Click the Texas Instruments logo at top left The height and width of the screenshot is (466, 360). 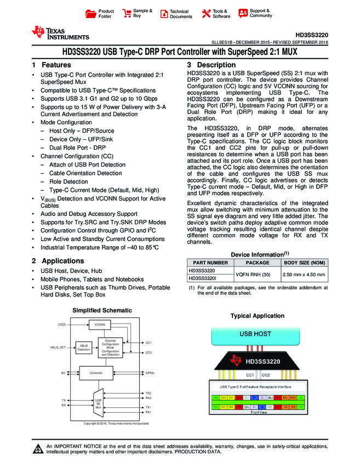pyautogui.click(x=60, y=33)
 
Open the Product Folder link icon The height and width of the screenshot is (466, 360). pyautogui.click(x=92, y=14)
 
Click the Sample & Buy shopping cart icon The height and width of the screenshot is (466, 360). pyautogui.click(x=127, y=14)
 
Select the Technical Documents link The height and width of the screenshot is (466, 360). pyautogui.click(x=164, y=14)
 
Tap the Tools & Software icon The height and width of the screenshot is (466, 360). pyautogui.click(x=207, y=14)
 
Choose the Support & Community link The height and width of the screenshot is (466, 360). pyautogui.click(x=243, y=14)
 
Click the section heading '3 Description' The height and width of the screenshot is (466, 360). pyautogui.click(x=204, y=65)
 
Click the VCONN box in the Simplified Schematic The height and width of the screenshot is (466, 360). pyautogui.click(x=100, y=325)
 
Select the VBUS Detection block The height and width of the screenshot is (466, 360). pyautogui.click(x=84, y=348)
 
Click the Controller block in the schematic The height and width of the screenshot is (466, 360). pyautogui.click(x=96, y=373)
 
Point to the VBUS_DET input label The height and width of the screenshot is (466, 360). pyautogui.click(x=58, y=348)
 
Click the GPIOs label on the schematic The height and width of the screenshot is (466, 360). pyautogui.click(x=150, y=373)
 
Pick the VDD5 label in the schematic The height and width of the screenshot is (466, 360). pyautogui.click(x=62, y=325)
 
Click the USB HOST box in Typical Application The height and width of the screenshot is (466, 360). pyautogui.click(x=255, y=333)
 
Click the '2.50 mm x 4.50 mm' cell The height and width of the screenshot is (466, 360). pyautogui.click(x=304, y=275)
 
